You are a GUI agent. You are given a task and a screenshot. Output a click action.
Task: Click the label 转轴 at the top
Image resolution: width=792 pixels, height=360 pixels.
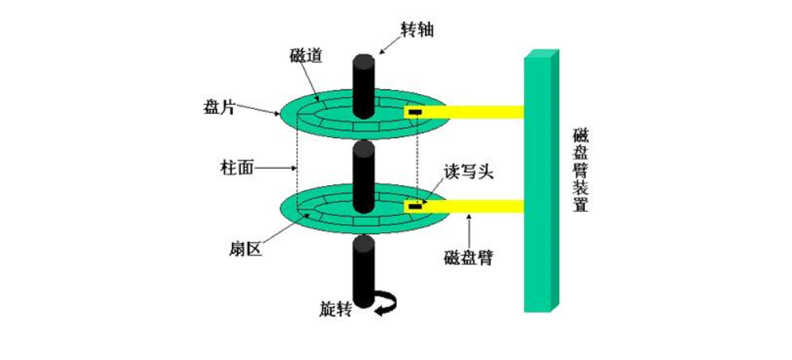[416, 31]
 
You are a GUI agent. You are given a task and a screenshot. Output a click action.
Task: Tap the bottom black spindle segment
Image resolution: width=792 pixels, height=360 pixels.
[362, 271]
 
